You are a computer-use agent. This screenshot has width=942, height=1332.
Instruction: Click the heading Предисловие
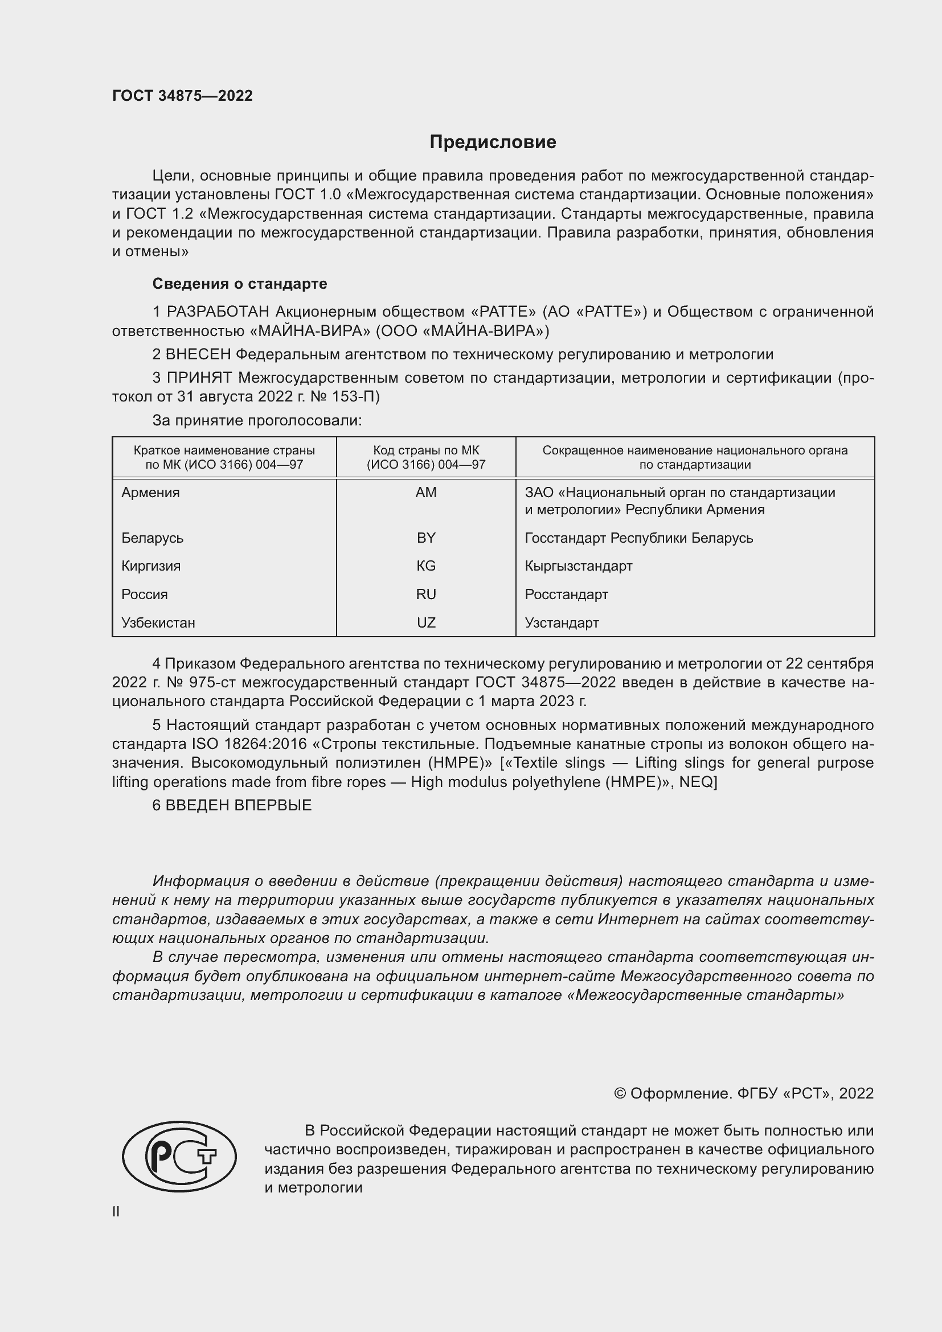(493, 142)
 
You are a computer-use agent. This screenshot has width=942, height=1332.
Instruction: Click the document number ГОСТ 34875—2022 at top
(182, 96)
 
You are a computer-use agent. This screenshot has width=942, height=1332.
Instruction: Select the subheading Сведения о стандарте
(240, 284)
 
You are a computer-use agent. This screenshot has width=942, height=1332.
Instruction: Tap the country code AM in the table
(426, 493)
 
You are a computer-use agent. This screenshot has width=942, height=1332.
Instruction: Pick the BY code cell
(426, 538)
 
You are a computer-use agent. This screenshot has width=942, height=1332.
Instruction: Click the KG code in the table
(426, 565)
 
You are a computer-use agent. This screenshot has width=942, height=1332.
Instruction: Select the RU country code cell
(426, 594)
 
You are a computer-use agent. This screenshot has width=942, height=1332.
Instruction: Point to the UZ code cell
(426, 622)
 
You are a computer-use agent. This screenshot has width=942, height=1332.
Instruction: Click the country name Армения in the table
(150, 493)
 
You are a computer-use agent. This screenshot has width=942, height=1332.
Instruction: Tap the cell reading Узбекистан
(158, 622)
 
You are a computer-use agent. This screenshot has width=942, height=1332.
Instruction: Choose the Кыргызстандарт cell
(578, 565)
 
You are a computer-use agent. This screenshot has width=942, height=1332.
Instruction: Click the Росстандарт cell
(566, 594)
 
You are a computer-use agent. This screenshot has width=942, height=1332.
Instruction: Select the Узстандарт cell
(562, 622)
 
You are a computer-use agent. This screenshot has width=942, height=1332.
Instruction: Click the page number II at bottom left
(116, 1211)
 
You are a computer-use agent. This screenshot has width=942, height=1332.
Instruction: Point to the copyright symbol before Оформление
(620, 1093)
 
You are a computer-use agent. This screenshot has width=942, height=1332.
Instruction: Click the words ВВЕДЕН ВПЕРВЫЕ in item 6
(239, 805)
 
